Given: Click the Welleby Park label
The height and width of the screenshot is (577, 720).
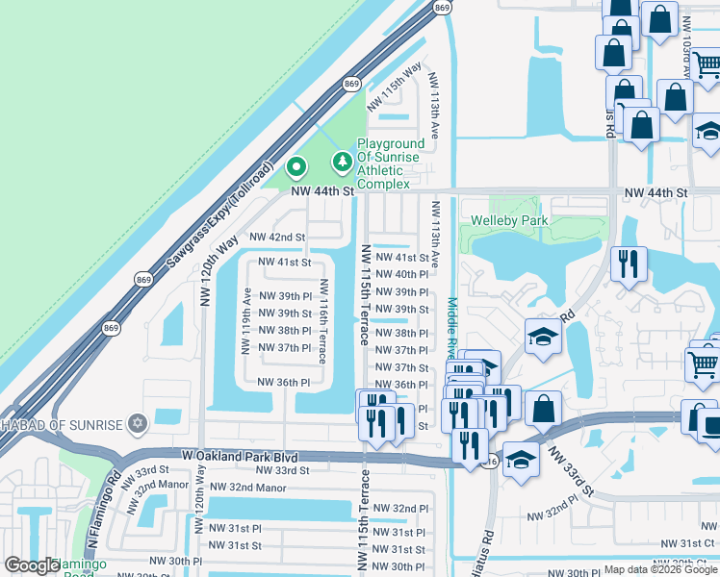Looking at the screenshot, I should pos(508,221).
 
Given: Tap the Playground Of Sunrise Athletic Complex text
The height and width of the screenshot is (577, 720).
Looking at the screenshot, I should pos(390,163).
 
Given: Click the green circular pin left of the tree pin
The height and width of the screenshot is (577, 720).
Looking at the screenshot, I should pos(296,167).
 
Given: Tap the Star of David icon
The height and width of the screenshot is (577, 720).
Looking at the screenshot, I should pos(138,424).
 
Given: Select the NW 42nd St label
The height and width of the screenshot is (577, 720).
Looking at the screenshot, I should pos(277,237).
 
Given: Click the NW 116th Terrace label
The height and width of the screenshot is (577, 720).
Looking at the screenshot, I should pos(324,321).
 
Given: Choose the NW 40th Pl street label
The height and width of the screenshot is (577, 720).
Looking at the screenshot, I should pos(401,274).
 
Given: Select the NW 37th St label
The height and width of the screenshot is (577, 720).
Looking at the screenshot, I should pos(401,367).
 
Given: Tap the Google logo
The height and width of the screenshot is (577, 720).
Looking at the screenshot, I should pos(32,565).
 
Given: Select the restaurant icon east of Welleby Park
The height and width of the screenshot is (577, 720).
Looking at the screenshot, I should pos(629,263).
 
